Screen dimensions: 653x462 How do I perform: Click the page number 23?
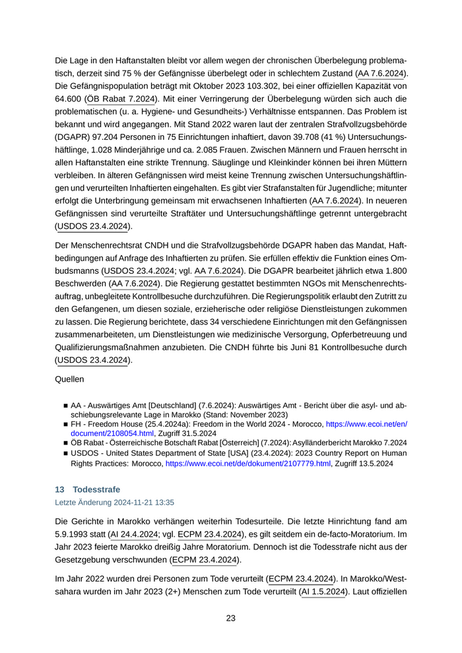231,618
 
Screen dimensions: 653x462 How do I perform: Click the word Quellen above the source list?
73,380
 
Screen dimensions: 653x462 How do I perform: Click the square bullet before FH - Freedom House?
66,424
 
